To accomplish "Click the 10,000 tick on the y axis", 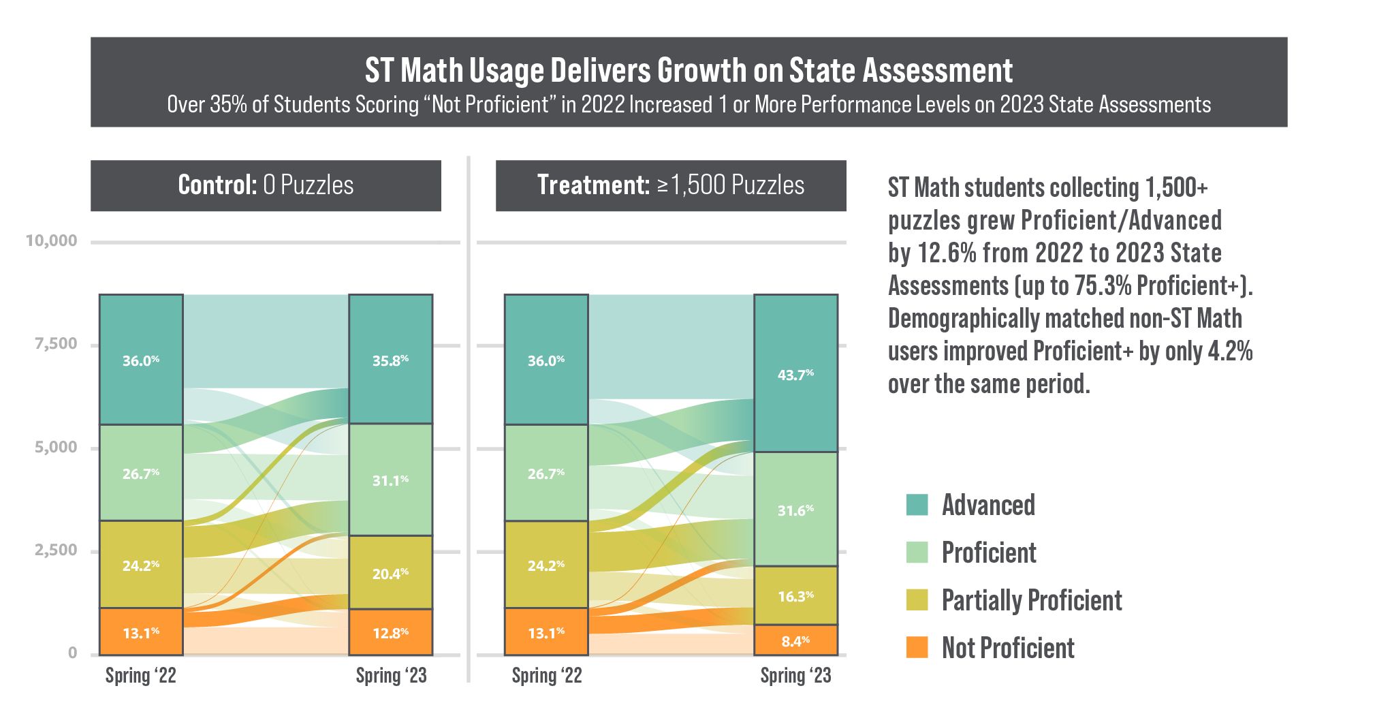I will point(51,240).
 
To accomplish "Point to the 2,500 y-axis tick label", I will point(56,550).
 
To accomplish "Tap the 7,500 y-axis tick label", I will point(56,343).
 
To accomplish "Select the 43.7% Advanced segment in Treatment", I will point(795,373).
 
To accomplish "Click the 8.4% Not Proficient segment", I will point(795,640).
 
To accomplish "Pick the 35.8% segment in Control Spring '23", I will point(390,359).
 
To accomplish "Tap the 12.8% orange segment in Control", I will point(390,632).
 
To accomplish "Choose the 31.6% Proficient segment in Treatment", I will point(795,510).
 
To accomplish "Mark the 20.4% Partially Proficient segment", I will point(390,573).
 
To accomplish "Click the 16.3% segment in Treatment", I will point(795,596).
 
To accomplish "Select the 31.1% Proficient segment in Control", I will point(390,480).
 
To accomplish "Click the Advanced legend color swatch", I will point(917,505).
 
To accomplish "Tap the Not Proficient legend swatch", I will point(917,647).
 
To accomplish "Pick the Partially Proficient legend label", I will point(1031,600).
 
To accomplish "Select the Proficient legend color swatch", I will point(917,552).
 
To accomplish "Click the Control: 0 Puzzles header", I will point(266,185).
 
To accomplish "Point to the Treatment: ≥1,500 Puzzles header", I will point(671,185).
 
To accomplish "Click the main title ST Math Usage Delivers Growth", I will point(689,70).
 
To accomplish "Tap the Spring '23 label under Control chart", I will point(391,675).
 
